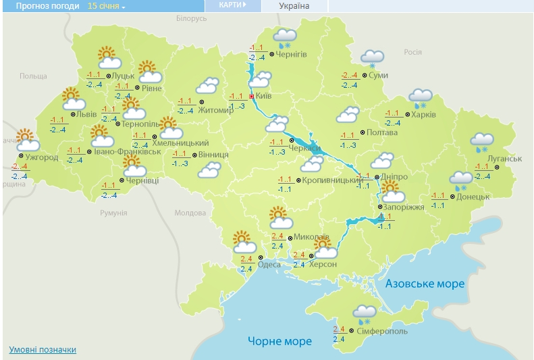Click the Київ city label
264,97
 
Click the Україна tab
294,6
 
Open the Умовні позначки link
43,350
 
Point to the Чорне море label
279,340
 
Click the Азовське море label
425,284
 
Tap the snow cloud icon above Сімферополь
365,313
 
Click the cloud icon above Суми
372,58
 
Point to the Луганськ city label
504,158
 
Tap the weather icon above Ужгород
26,139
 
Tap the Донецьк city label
473,197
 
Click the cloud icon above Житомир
208,86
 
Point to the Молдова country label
190,213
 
